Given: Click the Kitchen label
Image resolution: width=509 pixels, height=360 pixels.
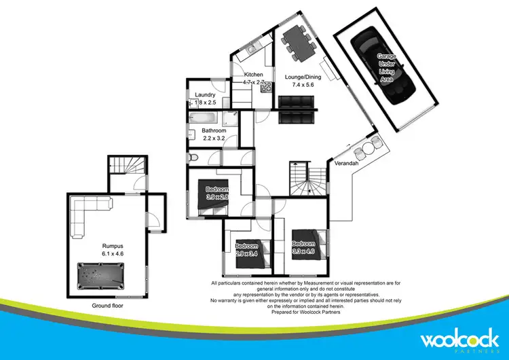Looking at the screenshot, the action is (x=254, y=75).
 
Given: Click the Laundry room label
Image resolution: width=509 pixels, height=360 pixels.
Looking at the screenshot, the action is (x=205, y=94).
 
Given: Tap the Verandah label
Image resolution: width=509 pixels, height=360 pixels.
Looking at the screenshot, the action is (x=346, y=164).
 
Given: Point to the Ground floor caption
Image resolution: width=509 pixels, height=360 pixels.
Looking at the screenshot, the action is (x=108, y=306).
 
